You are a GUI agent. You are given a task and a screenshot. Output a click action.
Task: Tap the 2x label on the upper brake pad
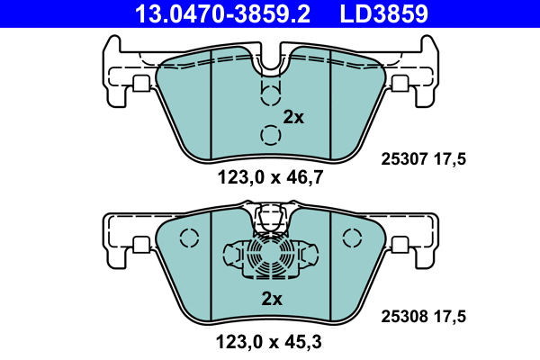[293, 117]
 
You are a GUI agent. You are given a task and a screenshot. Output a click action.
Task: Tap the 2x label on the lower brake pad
[272, 298]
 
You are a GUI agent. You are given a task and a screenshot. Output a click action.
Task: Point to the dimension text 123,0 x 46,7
[270, 178]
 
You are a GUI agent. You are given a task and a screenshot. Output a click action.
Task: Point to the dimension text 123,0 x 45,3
[270, 342]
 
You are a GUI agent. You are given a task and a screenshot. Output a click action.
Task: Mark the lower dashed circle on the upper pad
[270, 135]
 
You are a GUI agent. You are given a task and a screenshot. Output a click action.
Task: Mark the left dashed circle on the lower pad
[188, 238]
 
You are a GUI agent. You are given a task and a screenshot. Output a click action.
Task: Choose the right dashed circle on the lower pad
[351, 238]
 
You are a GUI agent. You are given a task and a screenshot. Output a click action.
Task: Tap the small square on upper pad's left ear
[140, 83]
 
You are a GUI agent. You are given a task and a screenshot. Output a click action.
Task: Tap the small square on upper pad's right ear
[399, 83]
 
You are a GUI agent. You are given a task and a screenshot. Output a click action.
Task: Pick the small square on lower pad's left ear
[140, 244]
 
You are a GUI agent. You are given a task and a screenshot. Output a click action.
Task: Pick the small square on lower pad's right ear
[399, 244]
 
